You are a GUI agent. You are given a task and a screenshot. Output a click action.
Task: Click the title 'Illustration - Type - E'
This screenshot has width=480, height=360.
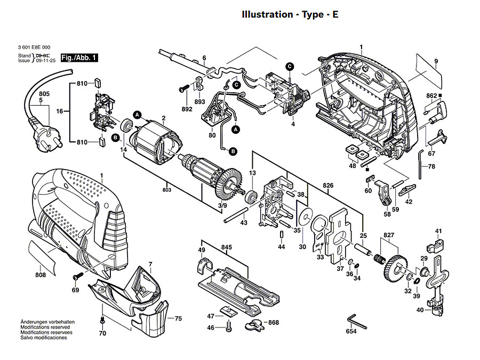(290, 14)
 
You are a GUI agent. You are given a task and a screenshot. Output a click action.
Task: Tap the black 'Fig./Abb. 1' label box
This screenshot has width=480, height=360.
(78, 57)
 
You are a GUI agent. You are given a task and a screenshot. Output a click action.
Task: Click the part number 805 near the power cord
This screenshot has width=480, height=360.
(44, 94)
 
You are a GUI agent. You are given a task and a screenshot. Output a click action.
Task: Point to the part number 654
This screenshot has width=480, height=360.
(351, 332)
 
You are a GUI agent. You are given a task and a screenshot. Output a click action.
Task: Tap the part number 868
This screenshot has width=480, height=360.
(274, 323)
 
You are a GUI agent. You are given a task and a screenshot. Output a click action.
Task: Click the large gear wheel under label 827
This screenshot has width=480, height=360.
(394, 269)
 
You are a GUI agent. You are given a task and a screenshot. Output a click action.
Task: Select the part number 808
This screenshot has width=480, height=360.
(41, 275)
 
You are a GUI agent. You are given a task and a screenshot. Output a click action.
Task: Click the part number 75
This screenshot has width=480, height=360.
(178, 318)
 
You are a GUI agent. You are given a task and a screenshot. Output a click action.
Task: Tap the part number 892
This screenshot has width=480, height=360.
(187, 109)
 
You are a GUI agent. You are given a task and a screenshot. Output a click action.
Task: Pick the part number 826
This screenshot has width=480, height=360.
(328, 186)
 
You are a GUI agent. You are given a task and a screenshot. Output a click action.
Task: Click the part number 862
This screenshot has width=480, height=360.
(431, 95)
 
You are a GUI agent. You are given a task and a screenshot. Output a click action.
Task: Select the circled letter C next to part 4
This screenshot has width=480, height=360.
(290, 66)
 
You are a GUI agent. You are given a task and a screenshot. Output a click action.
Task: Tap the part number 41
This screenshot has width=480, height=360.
(438, 231)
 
